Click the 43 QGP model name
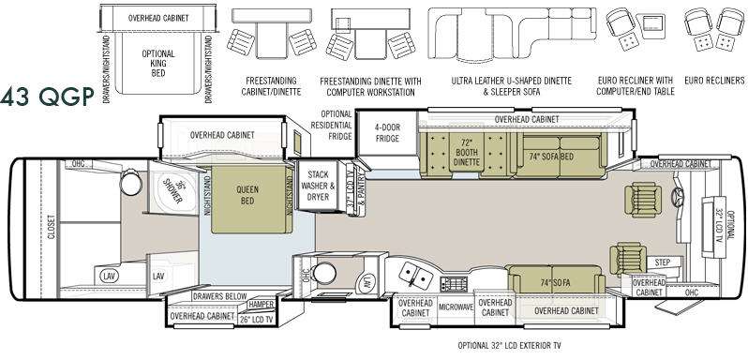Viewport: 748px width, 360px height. coord(47,97)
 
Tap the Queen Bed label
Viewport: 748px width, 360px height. coord(247,195)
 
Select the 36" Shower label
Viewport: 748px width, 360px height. coord(172,191)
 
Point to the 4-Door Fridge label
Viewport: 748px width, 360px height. coord(387,133)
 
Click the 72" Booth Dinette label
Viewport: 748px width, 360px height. coord(467,152)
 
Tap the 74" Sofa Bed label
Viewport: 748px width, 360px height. coord(551,156)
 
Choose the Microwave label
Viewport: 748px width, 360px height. coord(456,307)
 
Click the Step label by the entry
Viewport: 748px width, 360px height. coord(662,262)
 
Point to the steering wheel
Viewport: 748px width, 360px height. coord(678,196)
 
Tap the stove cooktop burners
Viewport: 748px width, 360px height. coord(454,283)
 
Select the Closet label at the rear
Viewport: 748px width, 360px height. coord(51,227)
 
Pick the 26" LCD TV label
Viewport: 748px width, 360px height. coord(256,319)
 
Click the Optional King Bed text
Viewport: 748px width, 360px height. coord(158,64)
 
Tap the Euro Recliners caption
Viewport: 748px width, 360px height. coord(714,81)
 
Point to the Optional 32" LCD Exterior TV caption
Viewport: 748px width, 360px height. coord(513,345)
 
